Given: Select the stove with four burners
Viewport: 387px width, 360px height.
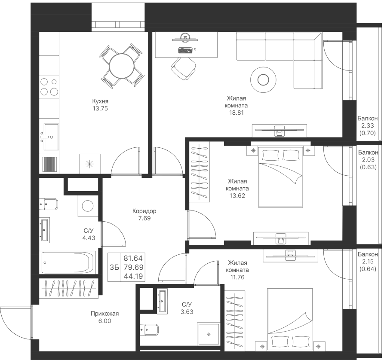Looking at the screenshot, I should (49, 86).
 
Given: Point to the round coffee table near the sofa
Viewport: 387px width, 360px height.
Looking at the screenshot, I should (263, 79).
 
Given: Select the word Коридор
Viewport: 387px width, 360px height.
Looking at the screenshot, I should (144, 211).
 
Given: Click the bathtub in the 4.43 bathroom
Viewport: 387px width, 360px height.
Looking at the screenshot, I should (68, 262).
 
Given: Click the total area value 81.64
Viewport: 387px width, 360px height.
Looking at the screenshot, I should (133, 258).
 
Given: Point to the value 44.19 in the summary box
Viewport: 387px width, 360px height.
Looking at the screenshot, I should (133, 276).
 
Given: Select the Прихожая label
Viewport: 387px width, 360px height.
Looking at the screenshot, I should (104, 314).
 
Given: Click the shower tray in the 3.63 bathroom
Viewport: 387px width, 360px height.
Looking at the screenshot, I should (209, 334).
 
